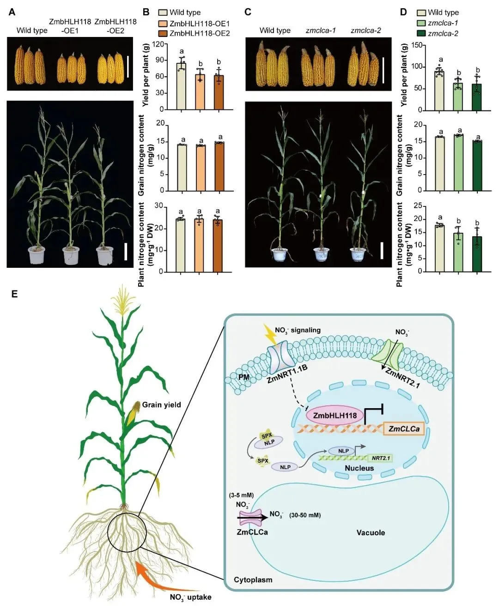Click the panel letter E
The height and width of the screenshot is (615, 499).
click(14, 294)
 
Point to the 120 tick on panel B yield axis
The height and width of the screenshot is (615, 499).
click(159, 44)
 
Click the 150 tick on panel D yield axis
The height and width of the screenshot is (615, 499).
click(417, 45)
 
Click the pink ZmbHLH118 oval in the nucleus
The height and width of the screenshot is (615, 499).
click(335, 416)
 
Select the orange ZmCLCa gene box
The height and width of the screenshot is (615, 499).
click(404, 429)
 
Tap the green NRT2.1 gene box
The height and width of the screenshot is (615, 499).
click(380, 458)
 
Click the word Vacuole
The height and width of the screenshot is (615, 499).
click(371, 533)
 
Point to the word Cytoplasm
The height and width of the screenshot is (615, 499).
click(253, 580)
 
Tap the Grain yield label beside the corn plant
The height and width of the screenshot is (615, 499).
click(161, 405)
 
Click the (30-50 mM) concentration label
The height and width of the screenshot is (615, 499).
click(305, 515)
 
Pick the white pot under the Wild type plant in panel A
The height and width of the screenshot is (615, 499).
click(37, 255)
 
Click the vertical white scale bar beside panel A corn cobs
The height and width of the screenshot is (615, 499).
click(128, 67)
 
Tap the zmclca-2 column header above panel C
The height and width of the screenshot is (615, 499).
click(365, 30)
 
